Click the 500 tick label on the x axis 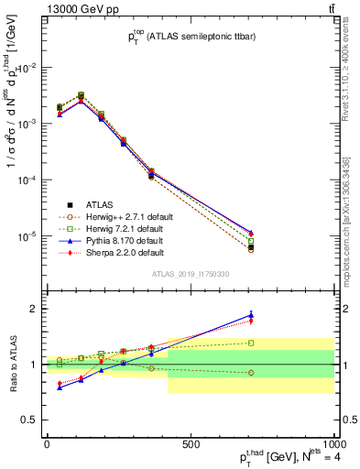(x=191, y=444)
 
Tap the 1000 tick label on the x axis (x=333, y=444)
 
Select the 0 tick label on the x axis (x=47, y=444)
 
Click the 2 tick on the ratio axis (x=34, y=309)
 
